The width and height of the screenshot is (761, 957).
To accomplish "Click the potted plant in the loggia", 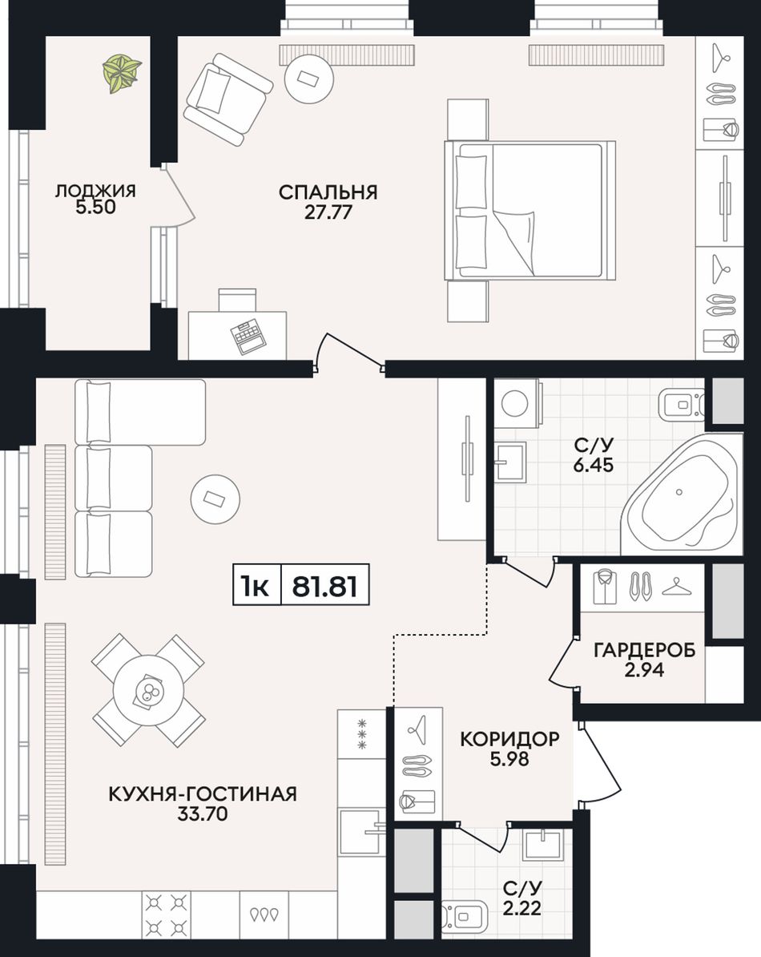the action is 122,73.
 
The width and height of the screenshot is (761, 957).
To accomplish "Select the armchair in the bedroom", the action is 227,99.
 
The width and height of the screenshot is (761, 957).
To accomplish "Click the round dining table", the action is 148,690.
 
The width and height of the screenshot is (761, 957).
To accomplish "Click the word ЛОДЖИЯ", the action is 95,191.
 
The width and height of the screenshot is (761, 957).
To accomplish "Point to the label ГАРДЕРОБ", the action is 645,650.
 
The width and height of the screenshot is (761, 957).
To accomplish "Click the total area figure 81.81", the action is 324,587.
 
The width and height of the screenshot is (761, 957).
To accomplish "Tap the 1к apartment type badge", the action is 256,587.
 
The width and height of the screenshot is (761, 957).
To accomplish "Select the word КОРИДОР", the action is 509,739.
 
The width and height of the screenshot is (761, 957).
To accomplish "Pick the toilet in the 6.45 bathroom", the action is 682,403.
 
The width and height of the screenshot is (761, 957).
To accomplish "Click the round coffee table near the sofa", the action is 215,499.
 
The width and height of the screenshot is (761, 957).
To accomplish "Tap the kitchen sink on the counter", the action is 362,830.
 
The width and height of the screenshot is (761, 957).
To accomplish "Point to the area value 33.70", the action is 202,814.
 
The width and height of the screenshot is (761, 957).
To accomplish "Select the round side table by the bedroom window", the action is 309,78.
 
